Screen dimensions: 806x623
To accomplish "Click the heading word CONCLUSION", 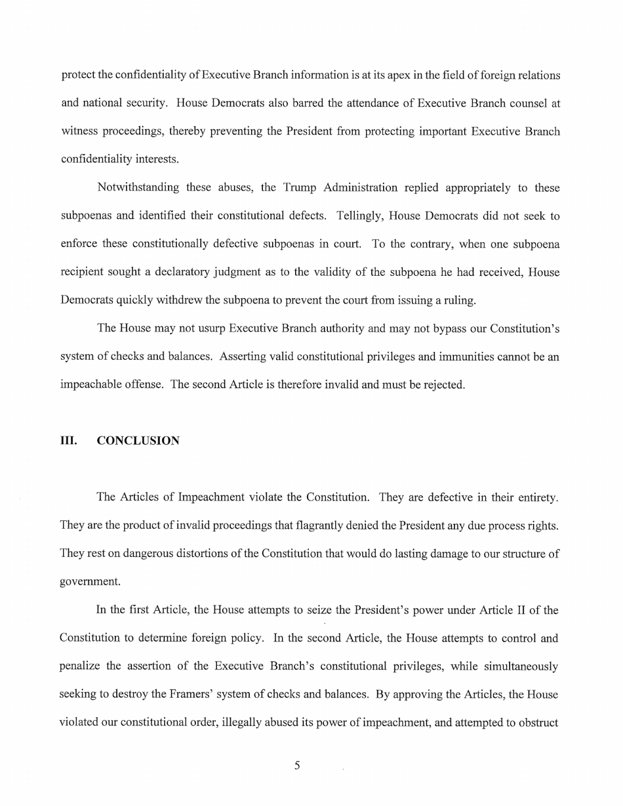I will [x=138, y=441].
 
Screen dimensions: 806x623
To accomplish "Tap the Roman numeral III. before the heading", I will [x=69, y=441].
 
